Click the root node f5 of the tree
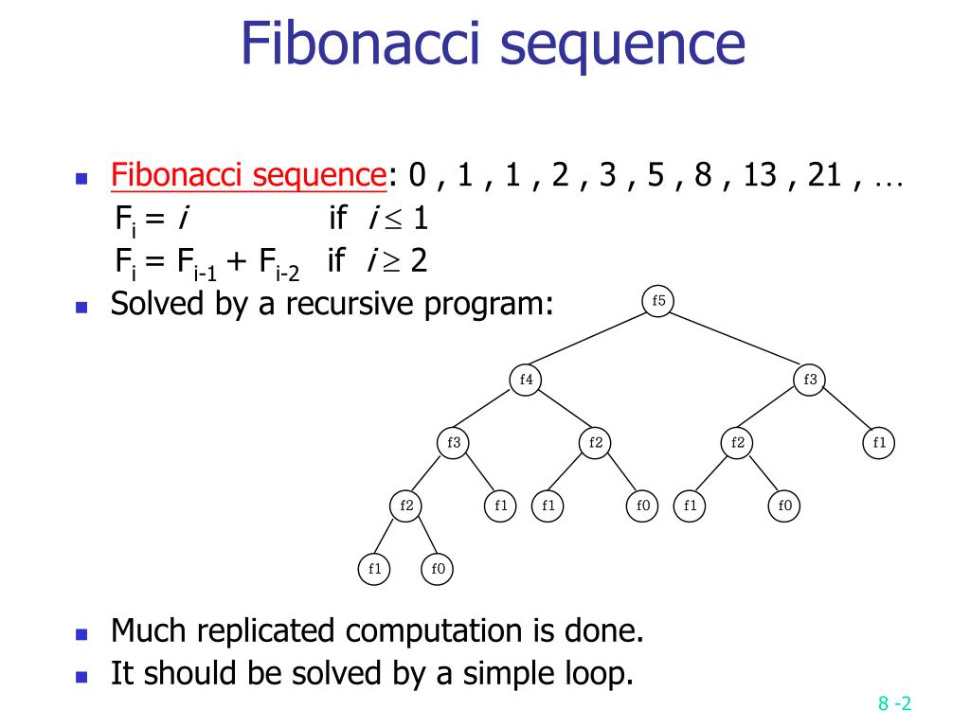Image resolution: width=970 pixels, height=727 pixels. tap(659, 301)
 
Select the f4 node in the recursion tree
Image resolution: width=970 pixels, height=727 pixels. tap(527, 380)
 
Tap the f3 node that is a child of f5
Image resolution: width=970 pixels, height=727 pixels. tap(810, 380)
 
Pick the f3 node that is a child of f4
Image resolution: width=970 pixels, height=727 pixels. tap(454, 442)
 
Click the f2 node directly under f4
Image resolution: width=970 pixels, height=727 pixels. tap(596, 442)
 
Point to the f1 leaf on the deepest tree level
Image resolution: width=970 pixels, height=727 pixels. tap(374, 569)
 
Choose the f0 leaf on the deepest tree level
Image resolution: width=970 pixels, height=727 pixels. tap(438, 569)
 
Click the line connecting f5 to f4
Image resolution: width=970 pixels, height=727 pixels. tap(592, 341)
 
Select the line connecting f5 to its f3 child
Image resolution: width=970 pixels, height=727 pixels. tap(734, 341)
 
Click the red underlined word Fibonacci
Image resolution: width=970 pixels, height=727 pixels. tap(177, 175)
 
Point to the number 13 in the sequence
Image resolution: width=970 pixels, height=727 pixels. tap(761, 175)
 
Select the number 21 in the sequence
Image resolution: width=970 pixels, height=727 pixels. tap(825, 175)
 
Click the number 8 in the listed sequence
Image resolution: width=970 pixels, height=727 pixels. tap(702, 175)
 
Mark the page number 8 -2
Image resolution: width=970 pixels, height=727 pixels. tap(894, 703)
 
